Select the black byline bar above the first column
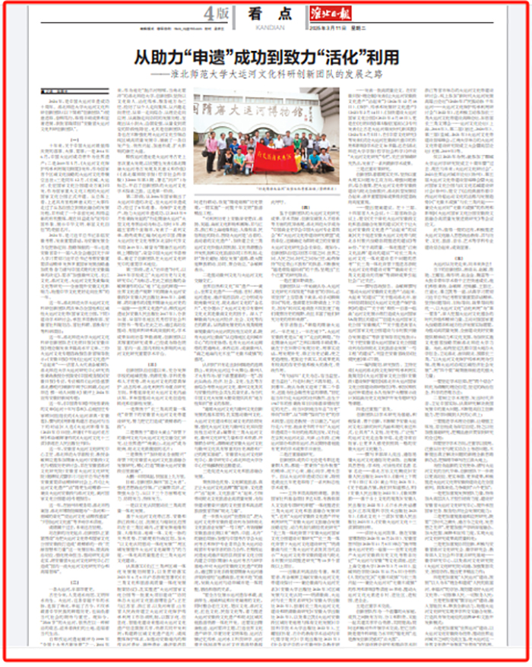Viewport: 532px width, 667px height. [x=60, y=93]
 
